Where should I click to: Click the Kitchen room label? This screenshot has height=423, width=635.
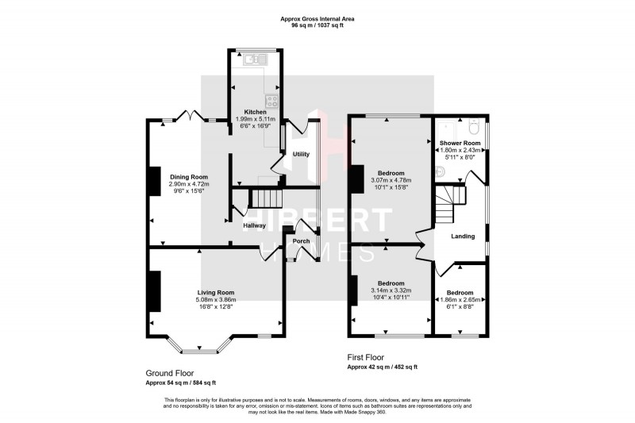point(254,112)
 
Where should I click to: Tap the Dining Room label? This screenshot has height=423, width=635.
point(188,177)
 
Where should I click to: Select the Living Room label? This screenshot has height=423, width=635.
point(215,293)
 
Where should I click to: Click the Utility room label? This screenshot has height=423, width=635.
point(301,154)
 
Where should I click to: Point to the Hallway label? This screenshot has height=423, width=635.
point(254,225)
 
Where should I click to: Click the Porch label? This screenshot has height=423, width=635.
point(301,240)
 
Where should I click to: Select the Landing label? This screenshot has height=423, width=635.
point(463,236)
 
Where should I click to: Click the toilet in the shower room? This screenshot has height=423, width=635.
point(474,127)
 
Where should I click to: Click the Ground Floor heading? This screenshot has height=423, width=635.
point(169,372)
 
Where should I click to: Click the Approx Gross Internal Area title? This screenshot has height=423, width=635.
point(317,18)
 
